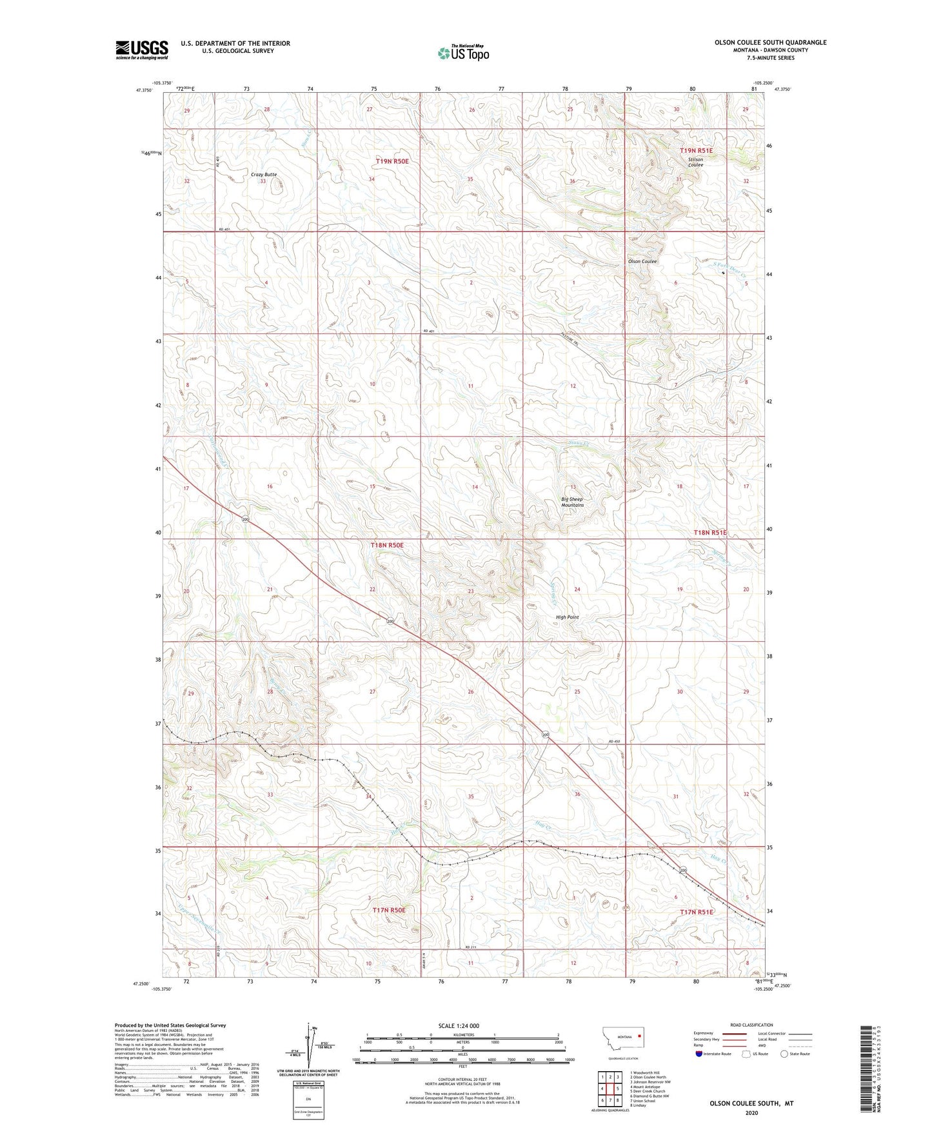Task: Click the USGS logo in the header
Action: (141, 50)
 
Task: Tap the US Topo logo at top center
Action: (463, 52)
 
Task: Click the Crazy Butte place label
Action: (264, 175)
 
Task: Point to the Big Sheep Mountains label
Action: (572, 502)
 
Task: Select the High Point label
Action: (567, 617)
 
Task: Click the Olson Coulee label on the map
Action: (642, 261)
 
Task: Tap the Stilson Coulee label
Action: (695, 162)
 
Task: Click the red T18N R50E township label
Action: (387, 545)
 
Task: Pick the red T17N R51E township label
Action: (697, 912)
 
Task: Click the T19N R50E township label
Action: (393, 161)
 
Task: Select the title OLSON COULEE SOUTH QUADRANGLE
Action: (770, 43)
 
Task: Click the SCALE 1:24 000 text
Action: (459, 1025)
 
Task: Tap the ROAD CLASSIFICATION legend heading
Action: (751, 1025)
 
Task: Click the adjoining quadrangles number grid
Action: (610, 1089)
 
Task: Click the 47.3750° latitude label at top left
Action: (143, 91)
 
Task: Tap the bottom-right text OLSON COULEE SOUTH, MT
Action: (751, 1103)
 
